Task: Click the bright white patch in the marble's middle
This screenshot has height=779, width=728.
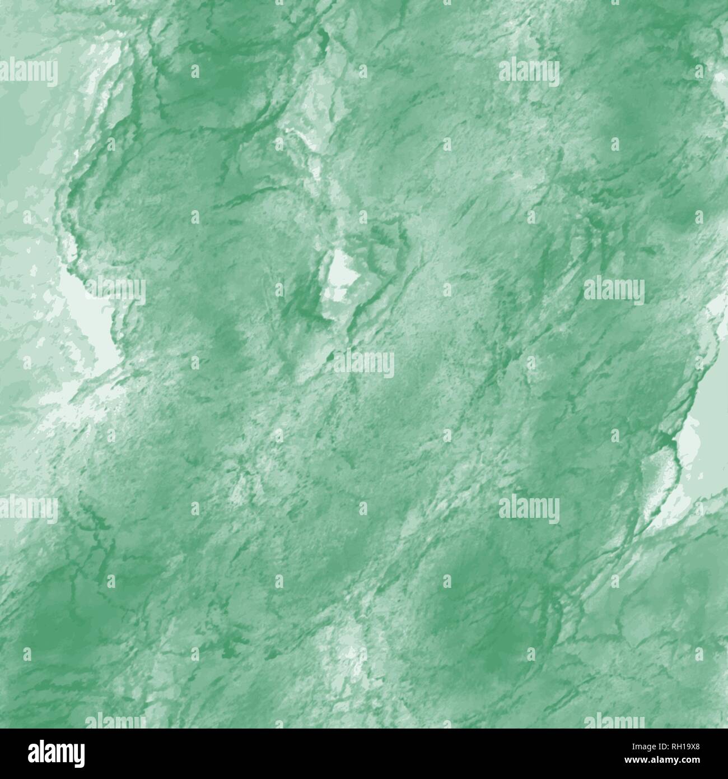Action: (340, 275)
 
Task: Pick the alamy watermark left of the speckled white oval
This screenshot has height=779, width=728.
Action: (529, 507)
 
